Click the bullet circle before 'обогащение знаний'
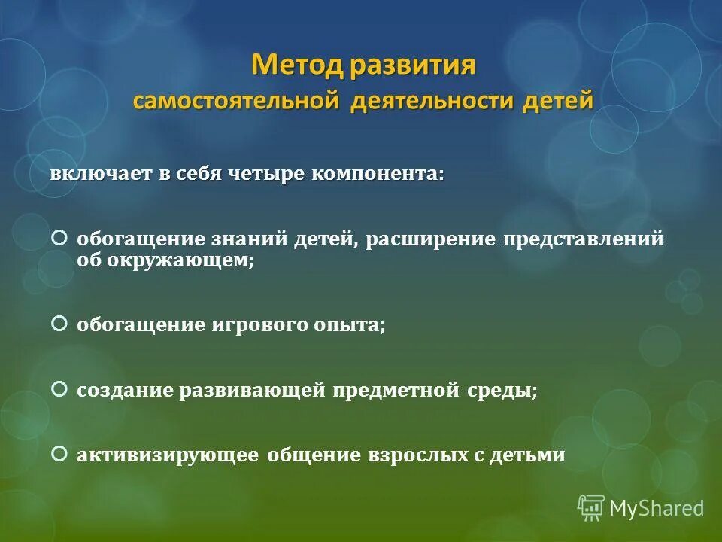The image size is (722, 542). (59, 238)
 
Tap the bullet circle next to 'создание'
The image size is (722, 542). (59, 389)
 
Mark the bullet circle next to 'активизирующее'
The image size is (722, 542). (59, 454)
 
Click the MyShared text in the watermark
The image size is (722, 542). (657, 509)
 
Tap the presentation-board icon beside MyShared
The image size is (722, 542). (591, 507)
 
